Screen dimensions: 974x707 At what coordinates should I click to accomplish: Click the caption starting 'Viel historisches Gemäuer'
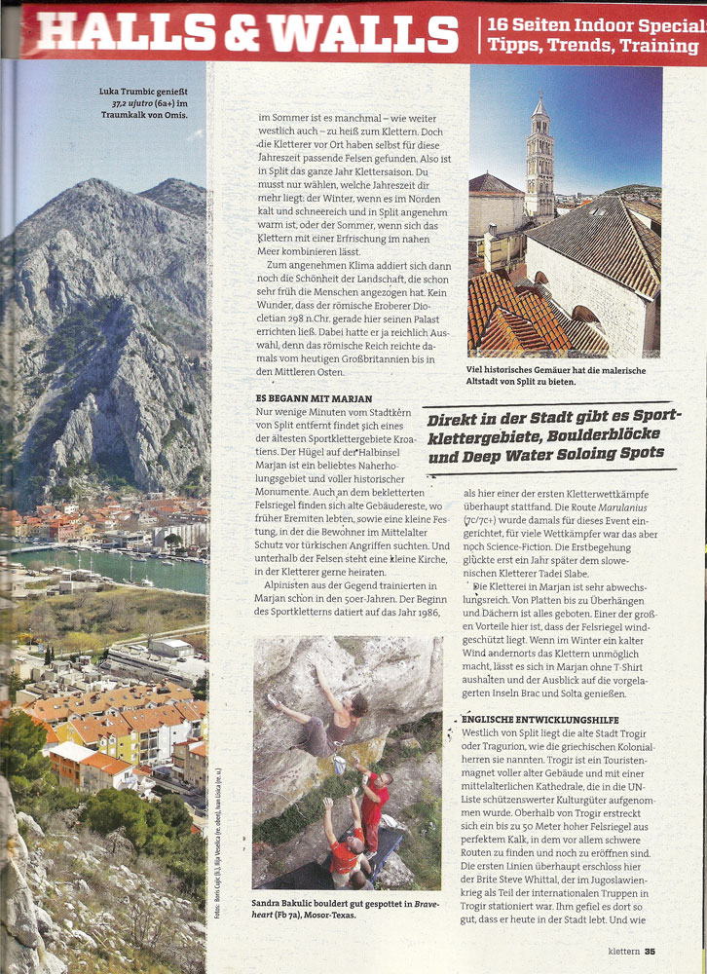(x=555, y=376)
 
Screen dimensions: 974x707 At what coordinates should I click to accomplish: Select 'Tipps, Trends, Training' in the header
(x=593, y=45)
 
